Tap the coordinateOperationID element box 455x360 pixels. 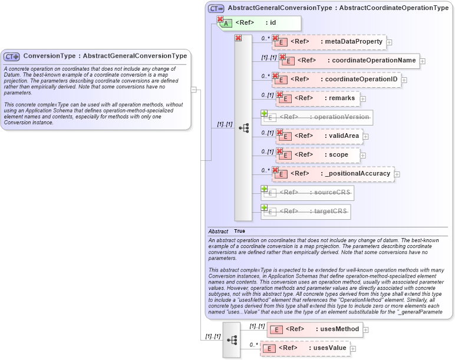click(x=336, y=79)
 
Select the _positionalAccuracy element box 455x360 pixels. click(x=334, y=174)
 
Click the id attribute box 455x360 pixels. click(x=260, y=23)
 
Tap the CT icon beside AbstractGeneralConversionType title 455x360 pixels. click(x=216, y=8)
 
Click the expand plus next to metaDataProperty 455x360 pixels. click(x=389, y=42)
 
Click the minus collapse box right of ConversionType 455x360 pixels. click(x=193, y=90)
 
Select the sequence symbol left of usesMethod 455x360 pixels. click(x=232, y=340)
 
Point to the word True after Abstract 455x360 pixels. click(x=239, y=232)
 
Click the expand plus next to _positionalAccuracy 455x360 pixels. click(x=397, y=174)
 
